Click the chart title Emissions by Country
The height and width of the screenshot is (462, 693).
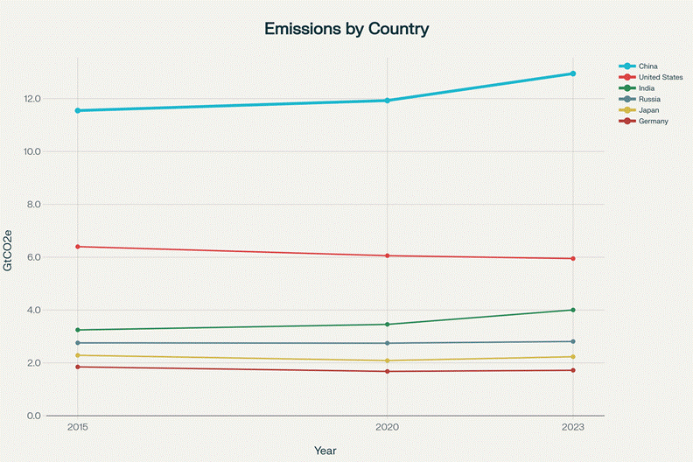point(346,29)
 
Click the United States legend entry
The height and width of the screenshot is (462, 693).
point(661,77)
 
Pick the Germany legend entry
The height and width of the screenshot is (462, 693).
point(654,121)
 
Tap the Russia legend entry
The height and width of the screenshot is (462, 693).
point(648,99)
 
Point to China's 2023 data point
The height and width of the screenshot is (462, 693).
point(573,73)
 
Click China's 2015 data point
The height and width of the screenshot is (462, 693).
point(78,110)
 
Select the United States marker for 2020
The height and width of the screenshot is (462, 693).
point(387,255)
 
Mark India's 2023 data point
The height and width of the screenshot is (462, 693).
point(573,310)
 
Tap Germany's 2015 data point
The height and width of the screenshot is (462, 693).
point(78,367)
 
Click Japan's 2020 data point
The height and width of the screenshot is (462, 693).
point(387,360)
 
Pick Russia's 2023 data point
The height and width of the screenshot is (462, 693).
point(573,341)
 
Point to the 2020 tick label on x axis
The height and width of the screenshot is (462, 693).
point(387,428)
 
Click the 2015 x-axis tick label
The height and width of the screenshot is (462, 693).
point(78,428)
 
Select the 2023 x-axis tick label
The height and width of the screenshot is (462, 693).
point(573,428)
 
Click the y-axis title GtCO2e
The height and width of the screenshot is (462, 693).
point(9,250)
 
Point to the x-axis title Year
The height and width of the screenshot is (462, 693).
point(325,450)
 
